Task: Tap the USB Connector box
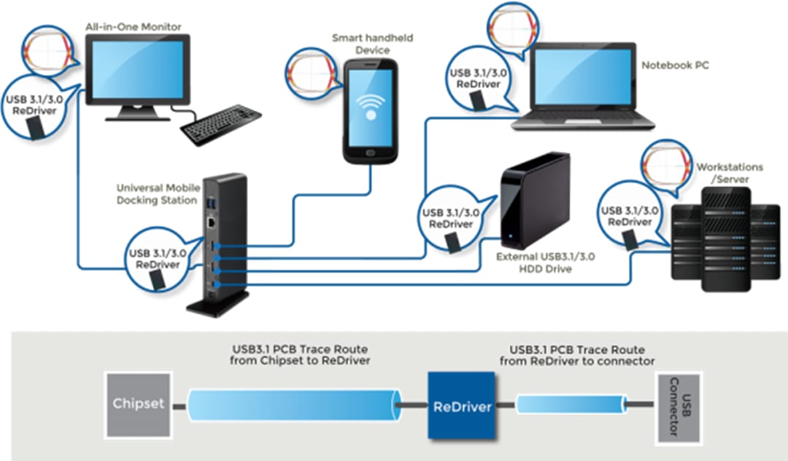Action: pyautogui.click(x=678, y=408)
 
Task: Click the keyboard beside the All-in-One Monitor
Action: pyautogui.click(x=221, y=125)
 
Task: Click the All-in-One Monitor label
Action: pyautogui.click(x=133, y=27)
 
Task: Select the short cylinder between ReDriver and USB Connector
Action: pyautogui.click(x=571, y=404)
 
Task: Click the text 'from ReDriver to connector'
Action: pyautogui.click(x=576, y=361)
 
